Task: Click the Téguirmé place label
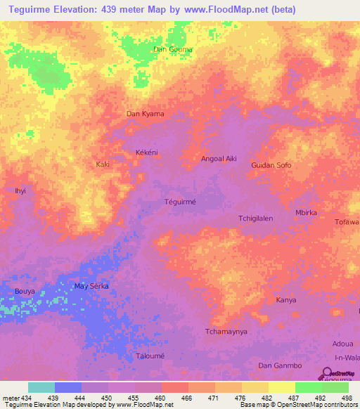point(179,201)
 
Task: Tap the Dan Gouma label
point(172,49)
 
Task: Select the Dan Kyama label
point(145,113)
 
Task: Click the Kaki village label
point(103,164)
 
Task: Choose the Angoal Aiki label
point(218,159)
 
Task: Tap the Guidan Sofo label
point(271,165)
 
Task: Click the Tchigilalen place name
point(255,218)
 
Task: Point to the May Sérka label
point(91,285)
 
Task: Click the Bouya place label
point(25,290)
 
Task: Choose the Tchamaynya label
point(226,331)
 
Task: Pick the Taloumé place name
point(150,356)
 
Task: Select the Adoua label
point(342,344)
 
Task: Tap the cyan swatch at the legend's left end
point(41,387)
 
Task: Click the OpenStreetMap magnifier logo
point(328,375)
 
